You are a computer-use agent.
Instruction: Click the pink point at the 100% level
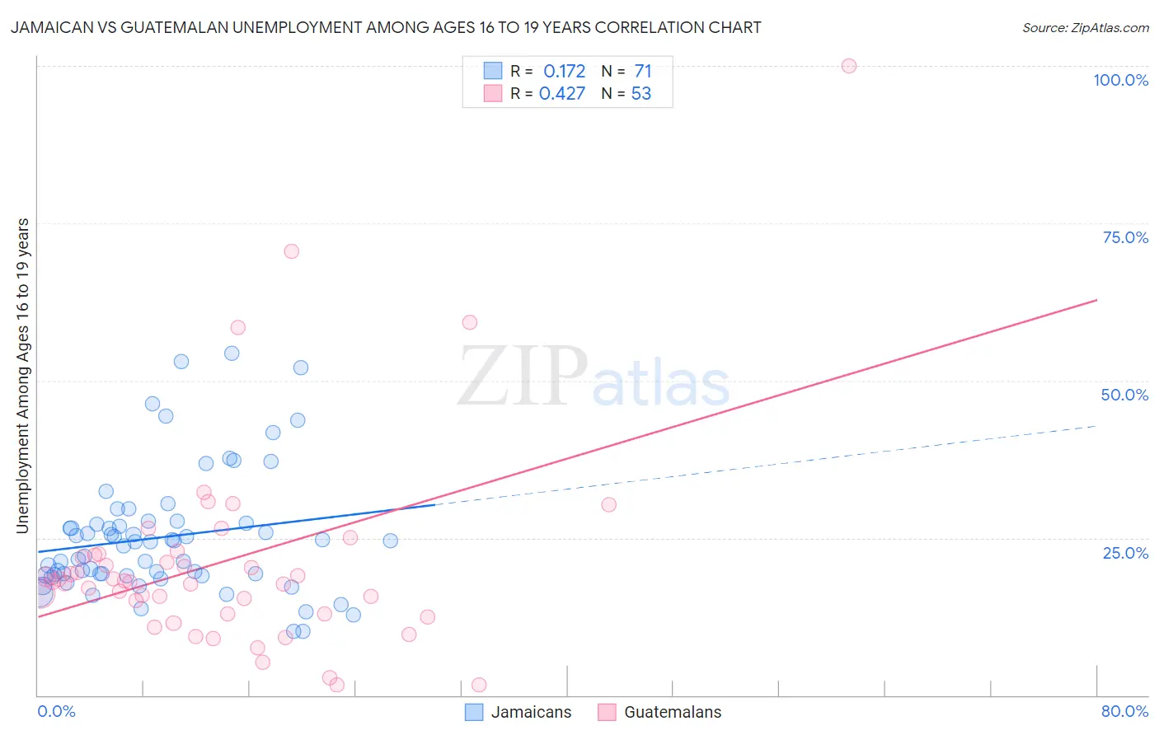849,66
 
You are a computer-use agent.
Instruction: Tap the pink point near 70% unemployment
291,251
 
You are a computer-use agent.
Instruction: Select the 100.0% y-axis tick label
1120,80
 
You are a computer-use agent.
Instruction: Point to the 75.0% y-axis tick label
1125,237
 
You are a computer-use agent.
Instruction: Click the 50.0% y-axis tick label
1124,395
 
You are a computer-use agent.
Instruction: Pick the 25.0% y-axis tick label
1125,552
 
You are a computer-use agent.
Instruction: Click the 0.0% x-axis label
56,711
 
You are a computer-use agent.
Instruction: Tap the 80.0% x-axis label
1124,711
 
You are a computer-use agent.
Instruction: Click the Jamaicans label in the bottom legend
531,712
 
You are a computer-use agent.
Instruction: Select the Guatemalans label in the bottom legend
673,712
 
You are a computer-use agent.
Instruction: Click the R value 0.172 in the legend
564,71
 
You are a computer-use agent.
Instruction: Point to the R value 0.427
562,93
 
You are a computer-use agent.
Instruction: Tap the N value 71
643,71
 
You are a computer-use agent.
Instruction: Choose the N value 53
641,93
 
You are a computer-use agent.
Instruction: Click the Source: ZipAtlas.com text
1085,27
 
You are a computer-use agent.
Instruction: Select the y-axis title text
22,376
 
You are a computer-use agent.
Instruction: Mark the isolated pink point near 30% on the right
608,505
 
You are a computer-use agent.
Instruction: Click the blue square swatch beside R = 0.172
493,71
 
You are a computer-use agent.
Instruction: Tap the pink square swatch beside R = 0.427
493,93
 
